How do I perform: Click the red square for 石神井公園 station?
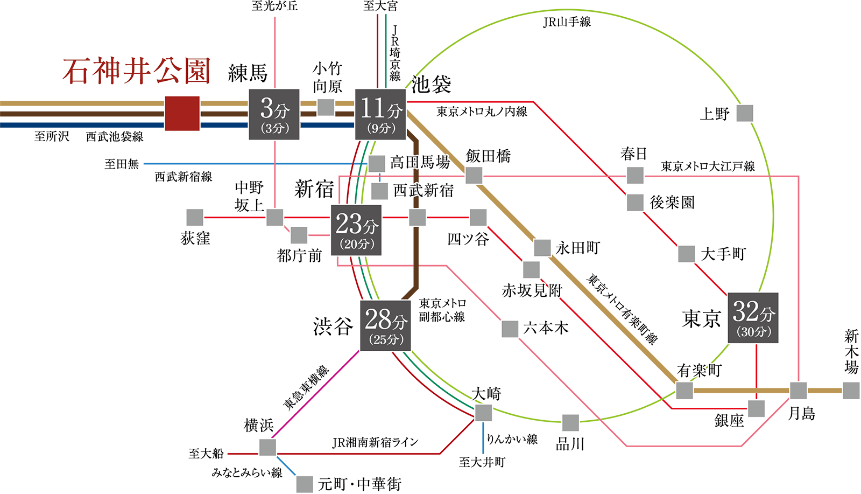click(182, 114)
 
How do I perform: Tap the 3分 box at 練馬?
click(274, 115)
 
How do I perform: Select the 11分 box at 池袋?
click(380, 115)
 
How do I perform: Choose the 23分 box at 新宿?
click(356, 230)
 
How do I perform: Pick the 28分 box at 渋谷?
click(385, 325)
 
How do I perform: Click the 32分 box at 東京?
click(753, 318)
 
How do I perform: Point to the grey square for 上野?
click(745, 114)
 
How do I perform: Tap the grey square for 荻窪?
click(195, 218)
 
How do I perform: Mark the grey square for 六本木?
click(510, 329)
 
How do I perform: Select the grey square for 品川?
click(570, 423)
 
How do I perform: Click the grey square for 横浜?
click(267, 448)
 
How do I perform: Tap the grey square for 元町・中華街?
click(305, 484)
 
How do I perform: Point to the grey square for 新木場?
click(851, 391)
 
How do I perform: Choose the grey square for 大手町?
click(686, 254)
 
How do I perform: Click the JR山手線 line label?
click(567, 22)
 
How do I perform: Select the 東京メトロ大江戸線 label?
click(708, 166)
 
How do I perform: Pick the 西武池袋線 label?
click(115, 137)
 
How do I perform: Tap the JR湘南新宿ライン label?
click(375, 443)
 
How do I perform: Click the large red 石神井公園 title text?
click(136, 72)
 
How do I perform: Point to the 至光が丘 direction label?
click(274, 6)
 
